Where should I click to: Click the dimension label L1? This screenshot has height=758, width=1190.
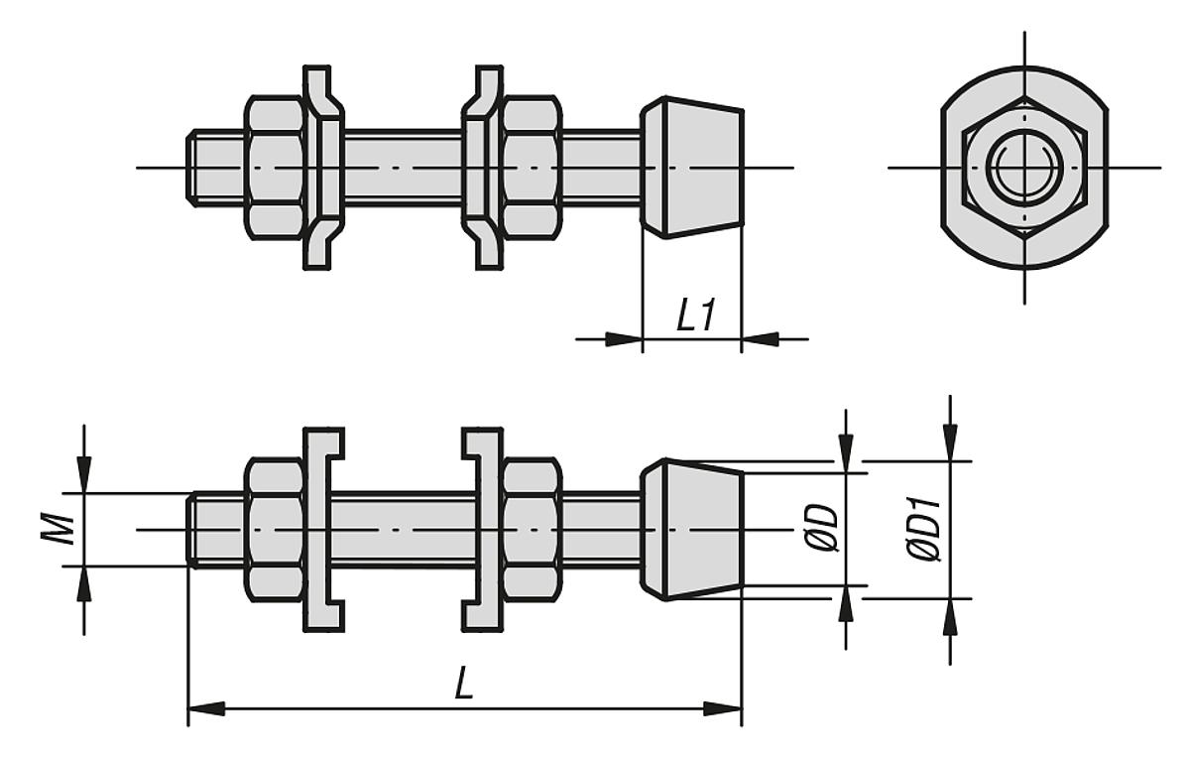pyautogui.click(x=695, y=317)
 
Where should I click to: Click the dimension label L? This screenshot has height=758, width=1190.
pyautogui.click(x=463, y=685)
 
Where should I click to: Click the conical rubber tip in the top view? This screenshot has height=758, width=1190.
pyautogui.click(x=691, y=167)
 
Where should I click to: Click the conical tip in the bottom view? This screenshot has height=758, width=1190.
pyautogui.click(x=691, y=529)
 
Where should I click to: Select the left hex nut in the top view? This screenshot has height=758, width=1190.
pyautogui.click(x=274, y=167)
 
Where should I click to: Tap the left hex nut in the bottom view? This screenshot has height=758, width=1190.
pyautogui.click(x=274, y=529)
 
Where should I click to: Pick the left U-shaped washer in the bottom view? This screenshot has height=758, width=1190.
pyautogui.click(x=315, y=529)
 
